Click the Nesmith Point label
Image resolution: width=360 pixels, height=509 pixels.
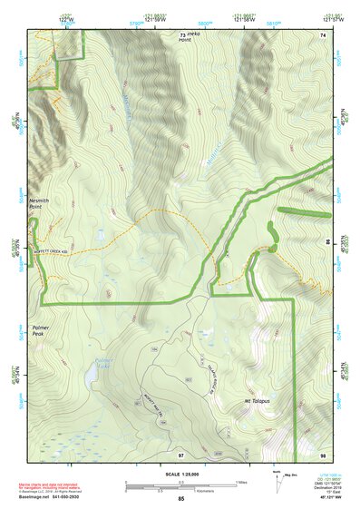pyautogui.click(x=40, y=204)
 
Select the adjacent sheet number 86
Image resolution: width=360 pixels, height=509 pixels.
pyautogui.click(x=327, y=241)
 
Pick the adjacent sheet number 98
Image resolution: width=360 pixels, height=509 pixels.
pyautogui.click(x=322, y=452)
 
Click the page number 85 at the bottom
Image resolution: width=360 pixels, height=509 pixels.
pyautogui.click(x=180, y=499)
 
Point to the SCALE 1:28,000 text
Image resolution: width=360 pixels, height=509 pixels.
pyautogui.click(x=180, y=474)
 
